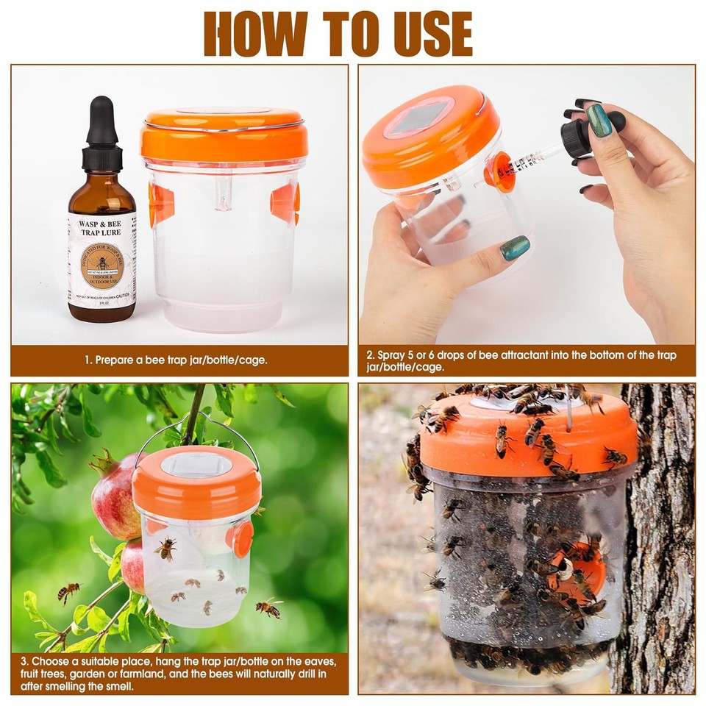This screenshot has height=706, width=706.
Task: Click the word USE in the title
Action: pos(418,34)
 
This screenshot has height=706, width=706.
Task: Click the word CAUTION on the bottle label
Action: pos(121,296)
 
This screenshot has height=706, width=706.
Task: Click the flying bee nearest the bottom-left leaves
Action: pos(69,591)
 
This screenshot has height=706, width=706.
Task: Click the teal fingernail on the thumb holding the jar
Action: pos(515,248)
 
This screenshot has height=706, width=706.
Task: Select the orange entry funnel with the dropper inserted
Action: pos(501,171)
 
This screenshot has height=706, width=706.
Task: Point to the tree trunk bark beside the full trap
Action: pos(658,529)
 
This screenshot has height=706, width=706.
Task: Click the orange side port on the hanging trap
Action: pos(242,539)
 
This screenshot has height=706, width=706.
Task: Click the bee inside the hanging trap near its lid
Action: pos(165,548)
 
